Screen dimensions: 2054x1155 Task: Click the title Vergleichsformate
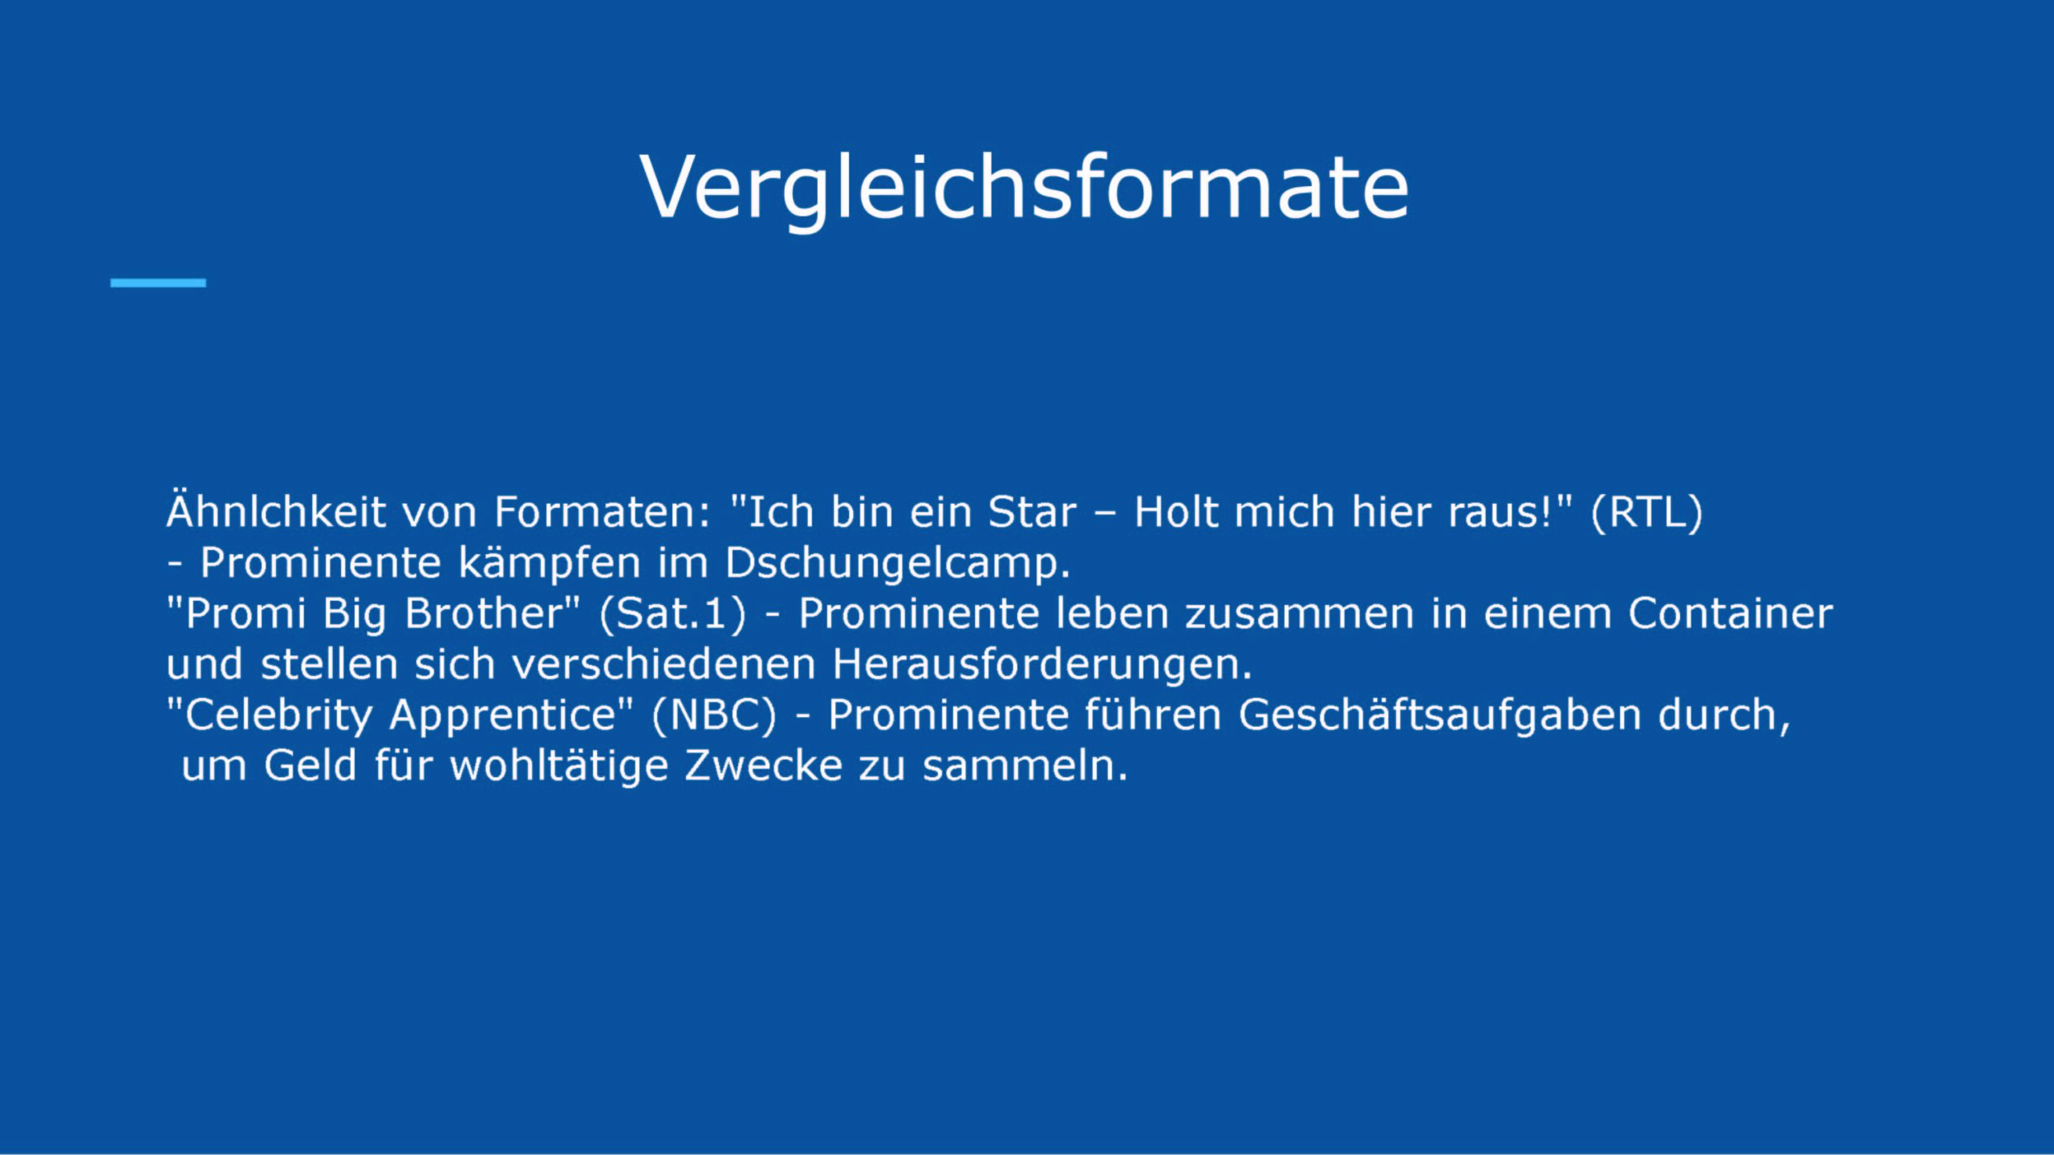pyautogui.click(x=1025, y=188)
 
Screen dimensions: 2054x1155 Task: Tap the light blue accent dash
pyautogui.click(x=158, y=283)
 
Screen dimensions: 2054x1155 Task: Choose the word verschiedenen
pyautogui.click(x=664, y=665)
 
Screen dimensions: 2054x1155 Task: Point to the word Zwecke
pyautogui.click(x=764, y=766)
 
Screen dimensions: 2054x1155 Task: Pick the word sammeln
pyautogui.click(x=1025, y=766)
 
